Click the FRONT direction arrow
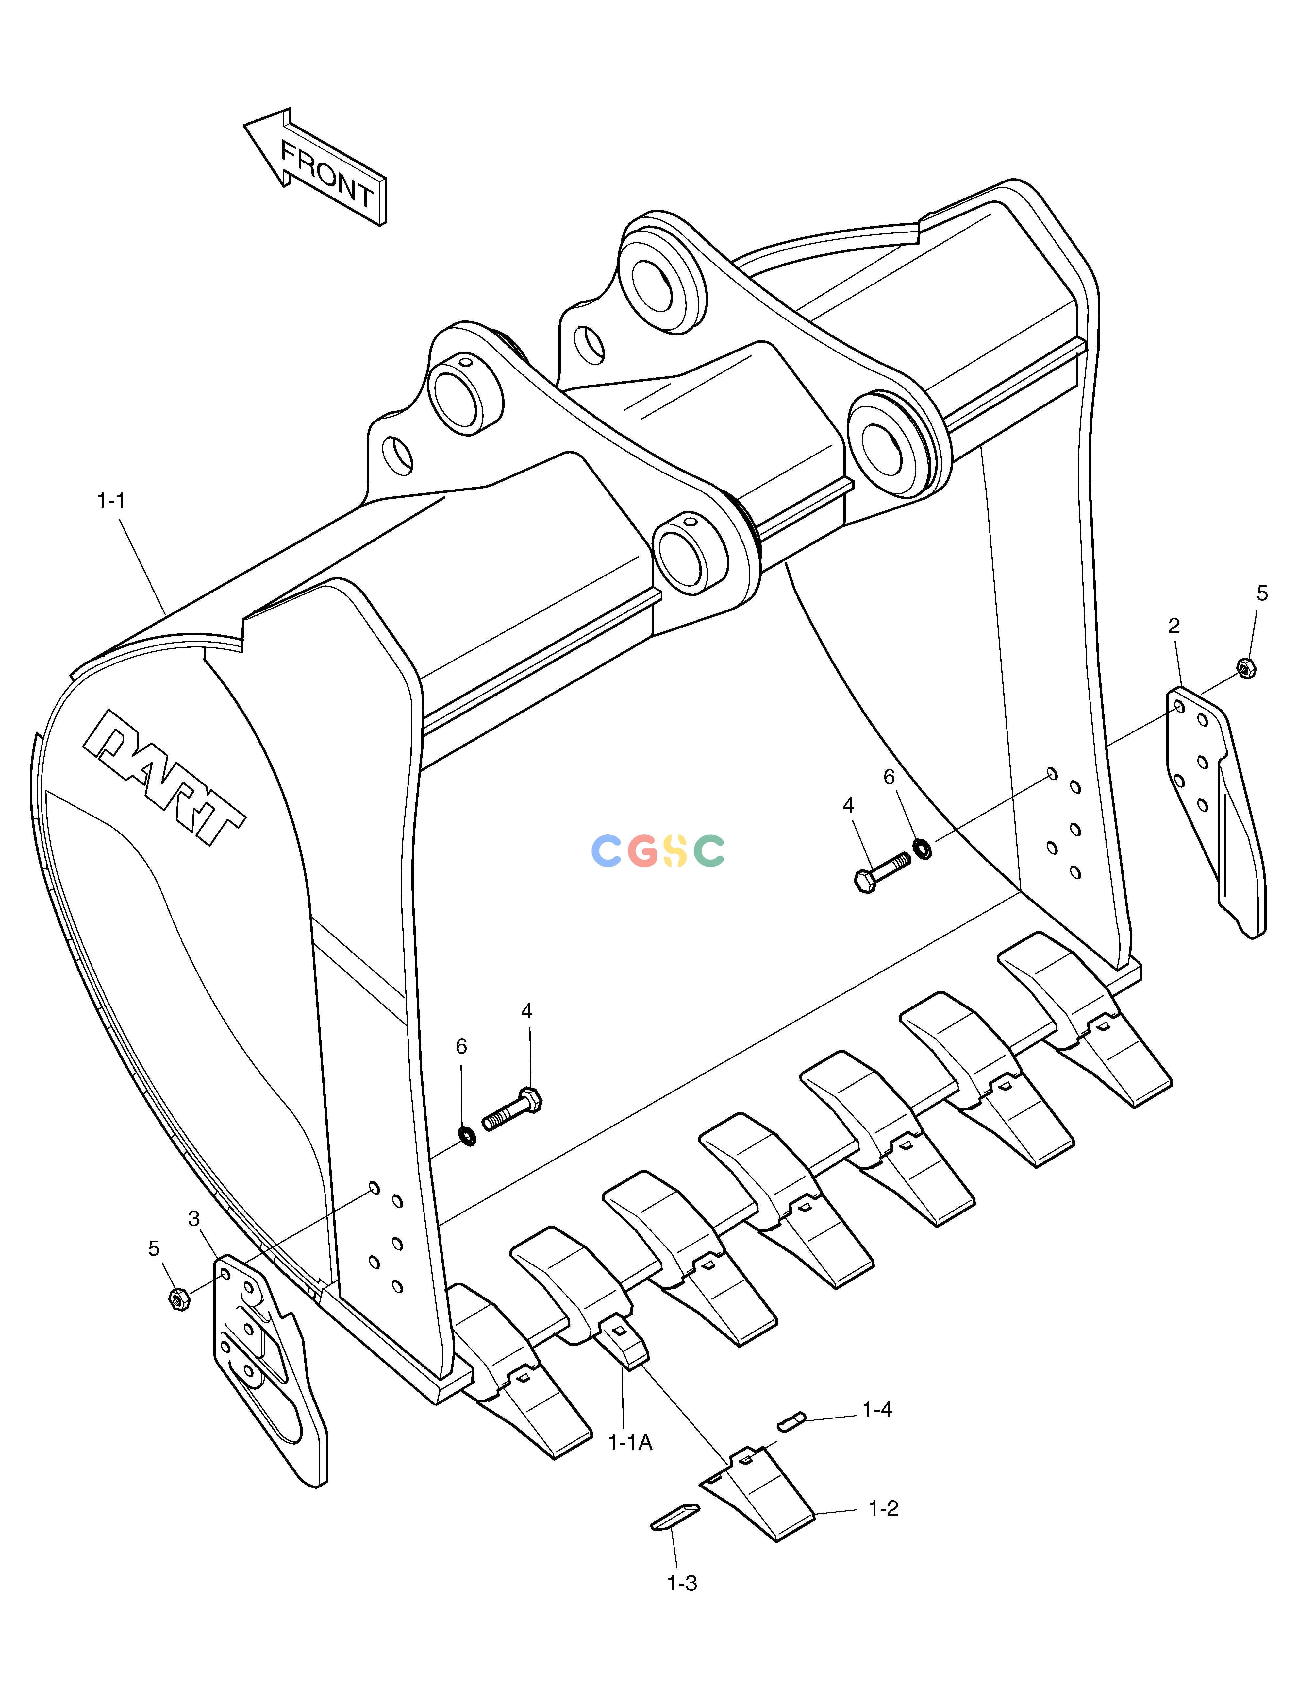click(x=315, y=167)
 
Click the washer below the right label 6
click(x=922, y=848)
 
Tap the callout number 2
click(x=1174, y=626)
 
